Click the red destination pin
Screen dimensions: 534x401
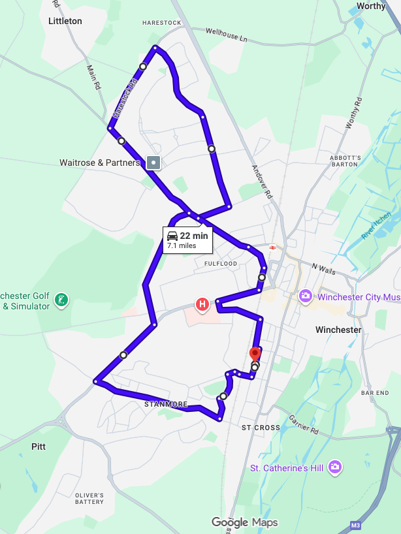click(255, 354)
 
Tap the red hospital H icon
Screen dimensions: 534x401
click(202, 304)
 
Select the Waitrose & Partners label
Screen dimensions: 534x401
click(99, 163)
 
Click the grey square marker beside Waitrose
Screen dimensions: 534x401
click(153, 162)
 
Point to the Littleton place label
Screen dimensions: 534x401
click(65, 21)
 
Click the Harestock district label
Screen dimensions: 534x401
click(161, 23)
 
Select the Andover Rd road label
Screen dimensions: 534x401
click(262, 181)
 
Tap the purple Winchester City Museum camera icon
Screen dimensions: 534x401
click(305, 297)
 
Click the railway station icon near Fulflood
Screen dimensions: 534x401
click(272, 247)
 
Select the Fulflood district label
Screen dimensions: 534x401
click(220, 264)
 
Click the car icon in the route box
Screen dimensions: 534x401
click(172, 236)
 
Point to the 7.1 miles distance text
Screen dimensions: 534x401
click(182, 246)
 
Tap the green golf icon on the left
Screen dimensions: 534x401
click(61, 300)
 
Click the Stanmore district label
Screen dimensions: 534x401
click(166, 404)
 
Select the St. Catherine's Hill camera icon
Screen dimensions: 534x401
click(334, 467)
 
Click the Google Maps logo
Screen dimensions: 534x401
click(245, 522)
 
